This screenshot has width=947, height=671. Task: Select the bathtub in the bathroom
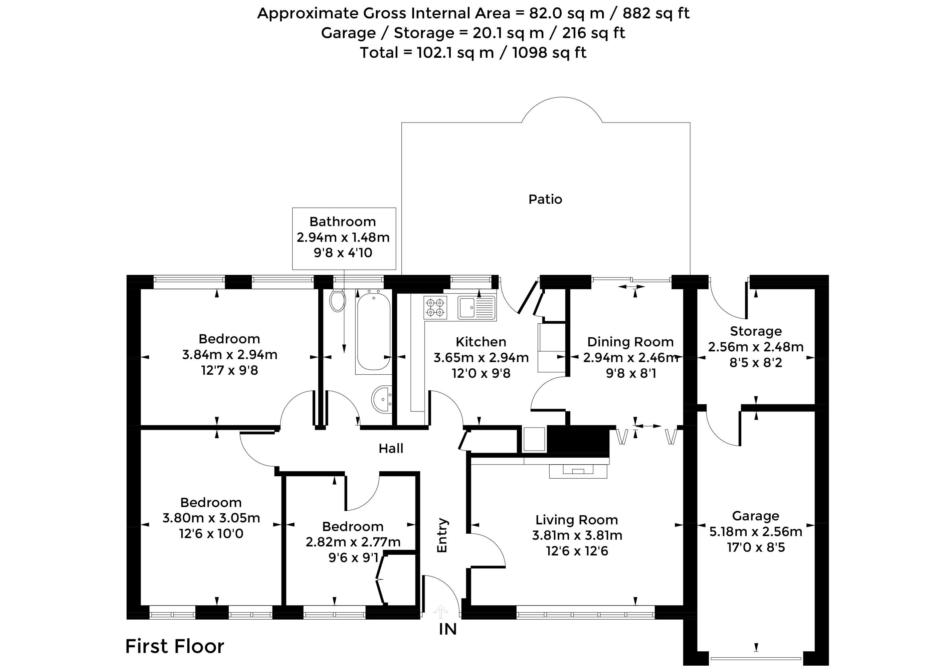click(373, 331)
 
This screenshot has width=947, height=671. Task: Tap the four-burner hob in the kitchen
click(435, 307)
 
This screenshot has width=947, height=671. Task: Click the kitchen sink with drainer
click(477, 307)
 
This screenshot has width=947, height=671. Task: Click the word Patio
click(545, 200)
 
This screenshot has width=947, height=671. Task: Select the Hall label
click(391, 448)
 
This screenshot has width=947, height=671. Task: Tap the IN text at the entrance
click(448, 629)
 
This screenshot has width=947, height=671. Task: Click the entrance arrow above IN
click(441, 612)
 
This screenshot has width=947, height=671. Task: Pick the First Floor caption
click(175, 646)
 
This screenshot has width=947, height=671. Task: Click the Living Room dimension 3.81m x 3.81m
click(577, 535)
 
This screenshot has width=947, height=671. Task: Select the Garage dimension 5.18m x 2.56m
click(756, 532)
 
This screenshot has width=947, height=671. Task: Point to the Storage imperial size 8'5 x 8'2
click(756, 363)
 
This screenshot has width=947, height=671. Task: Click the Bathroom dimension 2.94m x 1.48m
click(343, 237)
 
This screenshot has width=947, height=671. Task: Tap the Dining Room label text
click(630, 342)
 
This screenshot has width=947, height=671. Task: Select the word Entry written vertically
click(442, 535)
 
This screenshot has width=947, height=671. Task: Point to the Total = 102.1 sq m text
click(427, 53)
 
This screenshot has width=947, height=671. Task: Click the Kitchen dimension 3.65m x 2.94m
click(481, 358)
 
